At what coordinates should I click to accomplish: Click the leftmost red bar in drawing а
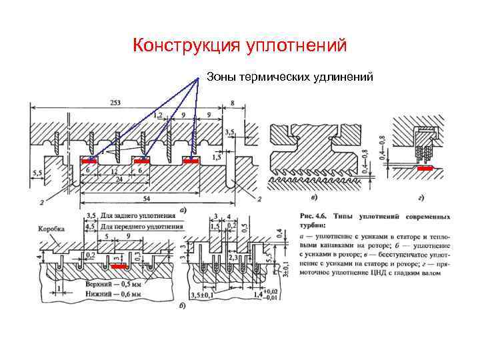pyautogui.click(x=89, y=161)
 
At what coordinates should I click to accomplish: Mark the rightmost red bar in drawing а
pyautogui.click(x=191, y=161)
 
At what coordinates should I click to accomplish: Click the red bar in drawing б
pyautogui.click(x=121, y=265)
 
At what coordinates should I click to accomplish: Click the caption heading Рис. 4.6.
pyautogui.click(x=309, y=217)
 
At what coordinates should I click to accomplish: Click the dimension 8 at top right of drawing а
pyautogui.click(x=232, y=102)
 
